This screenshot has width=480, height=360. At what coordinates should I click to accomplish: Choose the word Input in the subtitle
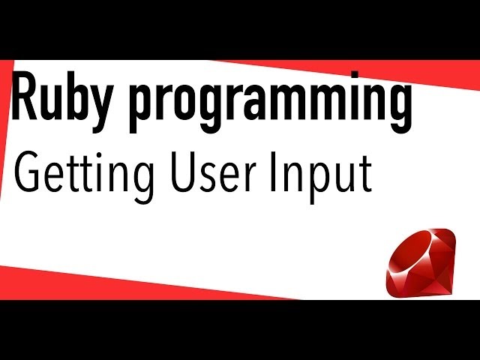(328, 176)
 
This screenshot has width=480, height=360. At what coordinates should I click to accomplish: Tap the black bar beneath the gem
(420, 330)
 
